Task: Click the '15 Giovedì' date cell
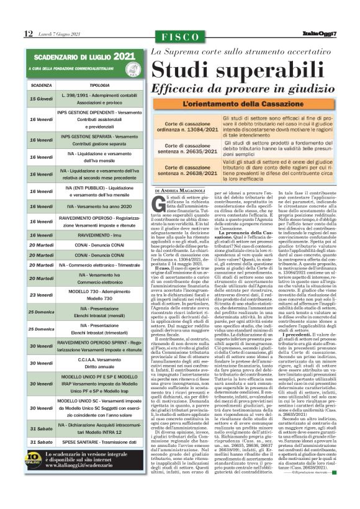[x=41, y=99]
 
